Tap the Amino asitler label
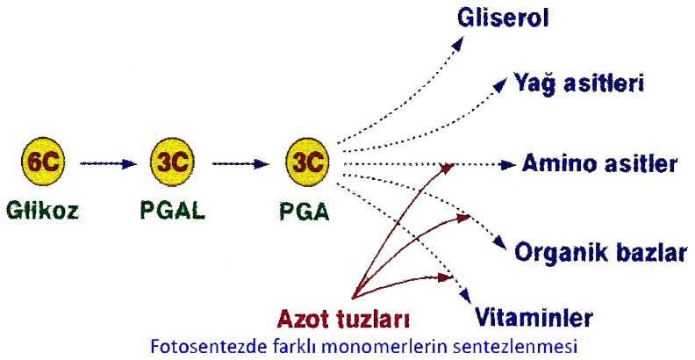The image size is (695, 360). click(599, 163)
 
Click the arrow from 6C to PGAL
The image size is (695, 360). click(109, 162)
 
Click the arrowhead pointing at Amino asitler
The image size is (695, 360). click(509, 164)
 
